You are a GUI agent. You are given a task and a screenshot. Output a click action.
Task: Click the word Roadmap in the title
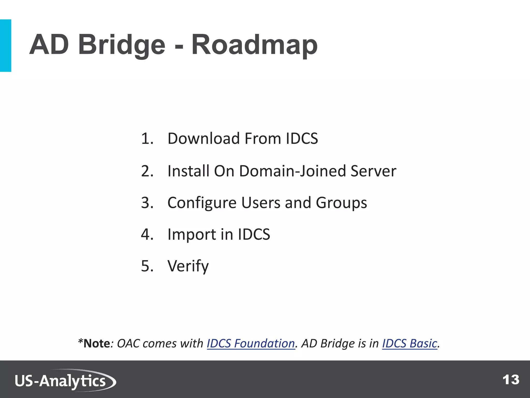pyautogui.click(x=254, y=45)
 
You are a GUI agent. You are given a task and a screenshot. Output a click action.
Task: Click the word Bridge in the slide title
pyautogui.click(x=121, y=45)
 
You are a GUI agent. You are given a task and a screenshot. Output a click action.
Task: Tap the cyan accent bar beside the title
pyautogui.click(x=5, y=45)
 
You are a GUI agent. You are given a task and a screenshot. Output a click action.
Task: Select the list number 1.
pyautogui.click(x=147, y=139)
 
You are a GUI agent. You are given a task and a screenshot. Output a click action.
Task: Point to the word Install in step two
pyautogui.click(x=188, y=171)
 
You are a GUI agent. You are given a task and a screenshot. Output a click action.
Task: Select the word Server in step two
pyautogui.click(x=373, y=171)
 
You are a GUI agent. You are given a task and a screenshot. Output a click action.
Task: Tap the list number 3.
pyautogui.click(x=147, y=203)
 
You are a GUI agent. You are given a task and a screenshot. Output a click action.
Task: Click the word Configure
pyautogui.click(x=202, y=203)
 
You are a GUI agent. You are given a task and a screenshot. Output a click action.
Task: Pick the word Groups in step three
pyautogui.click(x=341, y=203)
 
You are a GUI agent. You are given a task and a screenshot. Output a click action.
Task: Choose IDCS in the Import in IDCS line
pyautogui.click(x=254, y=234)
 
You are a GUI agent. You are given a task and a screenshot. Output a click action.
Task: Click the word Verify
pyautogui.click(x=188, y=266)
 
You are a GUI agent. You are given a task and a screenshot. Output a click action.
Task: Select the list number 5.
pyautogui.click(x=147, y=266)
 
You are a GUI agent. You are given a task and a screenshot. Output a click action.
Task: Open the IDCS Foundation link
pyautogui.click(x=251, y=344)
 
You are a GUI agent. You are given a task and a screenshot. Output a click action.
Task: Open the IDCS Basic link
pyautogui.click(x=409, y=344)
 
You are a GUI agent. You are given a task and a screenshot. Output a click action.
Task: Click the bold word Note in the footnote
pyautogui.click(x=97, y=344)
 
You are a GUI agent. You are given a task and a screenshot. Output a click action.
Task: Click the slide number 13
pyautogui.click(x=511, y=380)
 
